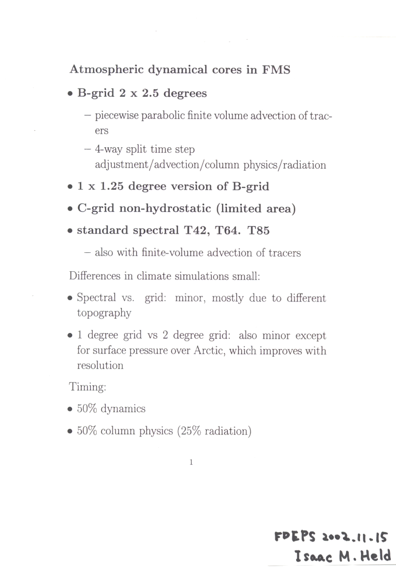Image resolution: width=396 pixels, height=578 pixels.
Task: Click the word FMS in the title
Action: tap(276, 69)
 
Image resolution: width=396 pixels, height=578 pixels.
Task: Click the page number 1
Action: tap(191, 462)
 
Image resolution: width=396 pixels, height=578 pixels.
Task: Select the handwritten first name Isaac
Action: tap(312, 556)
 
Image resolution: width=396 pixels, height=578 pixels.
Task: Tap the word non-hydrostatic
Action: tap(163, 208)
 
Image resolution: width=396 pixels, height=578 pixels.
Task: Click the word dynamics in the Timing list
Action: tap(123, 409)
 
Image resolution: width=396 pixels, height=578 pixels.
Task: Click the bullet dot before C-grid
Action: tap(70, 209)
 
